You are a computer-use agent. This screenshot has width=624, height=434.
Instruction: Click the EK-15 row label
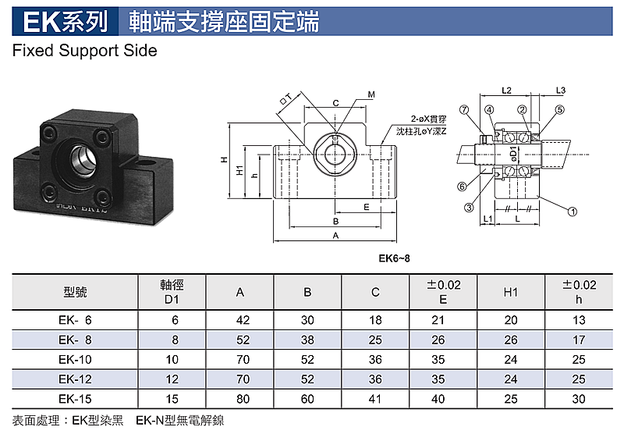click(75, 399)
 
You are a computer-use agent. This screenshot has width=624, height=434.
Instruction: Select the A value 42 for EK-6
click(243, 320)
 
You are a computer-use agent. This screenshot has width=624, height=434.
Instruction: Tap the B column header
click(307, 292)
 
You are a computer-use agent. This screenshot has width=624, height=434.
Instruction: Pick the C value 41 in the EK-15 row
click(375, 399)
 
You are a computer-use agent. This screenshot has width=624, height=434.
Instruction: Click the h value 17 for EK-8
click(579, 340)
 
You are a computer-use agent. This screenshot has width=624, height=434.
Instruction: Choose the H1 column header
click(511, 292)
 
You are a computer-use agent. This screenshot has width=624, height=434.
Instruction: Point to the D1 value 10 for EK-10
click(172, 360)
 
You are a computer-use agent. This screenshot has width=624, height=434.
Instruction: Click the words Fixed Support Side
click(85, 51)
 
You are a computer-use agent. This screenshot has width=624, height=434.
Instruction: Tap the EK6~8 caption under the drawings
click(394, 258)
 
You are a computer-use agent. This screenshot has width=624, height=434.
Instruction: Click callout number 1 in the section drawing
click(573, 212)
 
